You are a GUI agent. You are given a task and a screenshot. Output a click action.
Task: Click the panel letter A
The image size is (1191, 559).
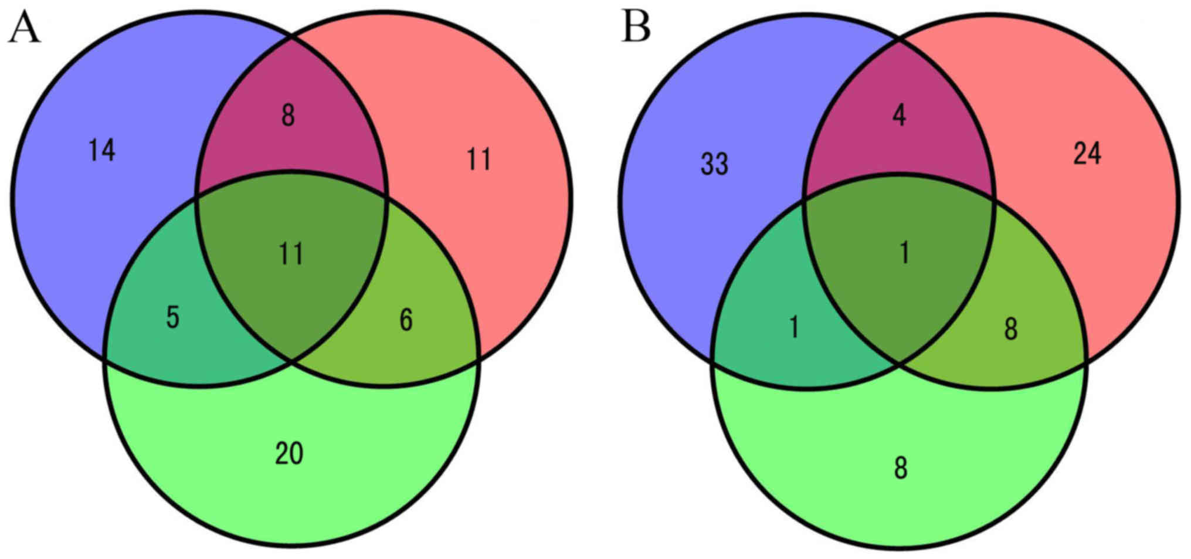(24, 29)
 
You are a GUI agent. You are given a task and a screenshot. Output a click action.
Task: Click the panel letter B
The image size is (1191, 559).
(636, 28)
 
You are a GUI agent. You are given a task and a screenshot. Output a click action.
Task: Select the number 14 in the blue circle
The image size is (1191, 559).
(102, 151)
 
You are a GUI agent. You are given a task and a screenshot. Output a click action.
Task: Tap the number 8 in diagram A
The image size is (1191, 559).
(288, 115)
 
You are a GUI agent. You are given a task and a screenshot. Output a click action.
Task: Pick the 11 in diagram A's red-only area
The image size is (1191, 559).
(479, 160)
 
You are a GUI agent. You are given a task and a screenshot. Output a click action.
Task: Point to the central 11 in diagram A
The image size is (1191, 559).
(291, 255)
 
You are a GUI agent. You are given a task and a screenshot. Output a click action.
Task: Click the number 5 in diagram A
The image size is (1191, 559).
(172, 317)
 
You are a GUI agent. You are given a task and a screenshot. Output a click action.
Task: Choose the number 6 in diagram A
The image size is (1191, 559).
(406, 320)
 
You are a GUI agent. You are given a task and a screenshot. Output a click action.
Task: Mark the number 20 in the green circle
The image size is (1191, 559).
(289, 453)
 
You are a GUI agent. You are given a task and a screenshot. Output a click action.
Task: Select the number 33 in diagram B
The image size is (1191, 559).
(714, 164)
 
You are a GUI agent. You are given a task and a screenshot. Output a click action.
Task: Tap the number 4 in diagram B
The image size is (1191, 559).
(899, 115)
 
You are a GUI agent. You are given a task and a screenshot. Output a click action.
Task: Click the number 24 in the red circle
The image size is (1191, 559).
(1087, 154)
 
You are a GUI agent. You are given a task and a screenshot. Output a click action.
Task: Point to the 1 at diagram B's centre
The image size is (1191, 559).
(905, 253)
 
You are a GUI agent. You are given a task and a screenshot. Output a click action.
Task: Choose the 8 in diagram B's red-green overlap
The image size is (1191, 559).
(1011, 330)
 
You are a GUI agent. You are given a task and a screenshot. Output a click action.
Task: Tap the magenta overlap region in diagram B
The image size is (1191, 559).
(868, 153)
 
